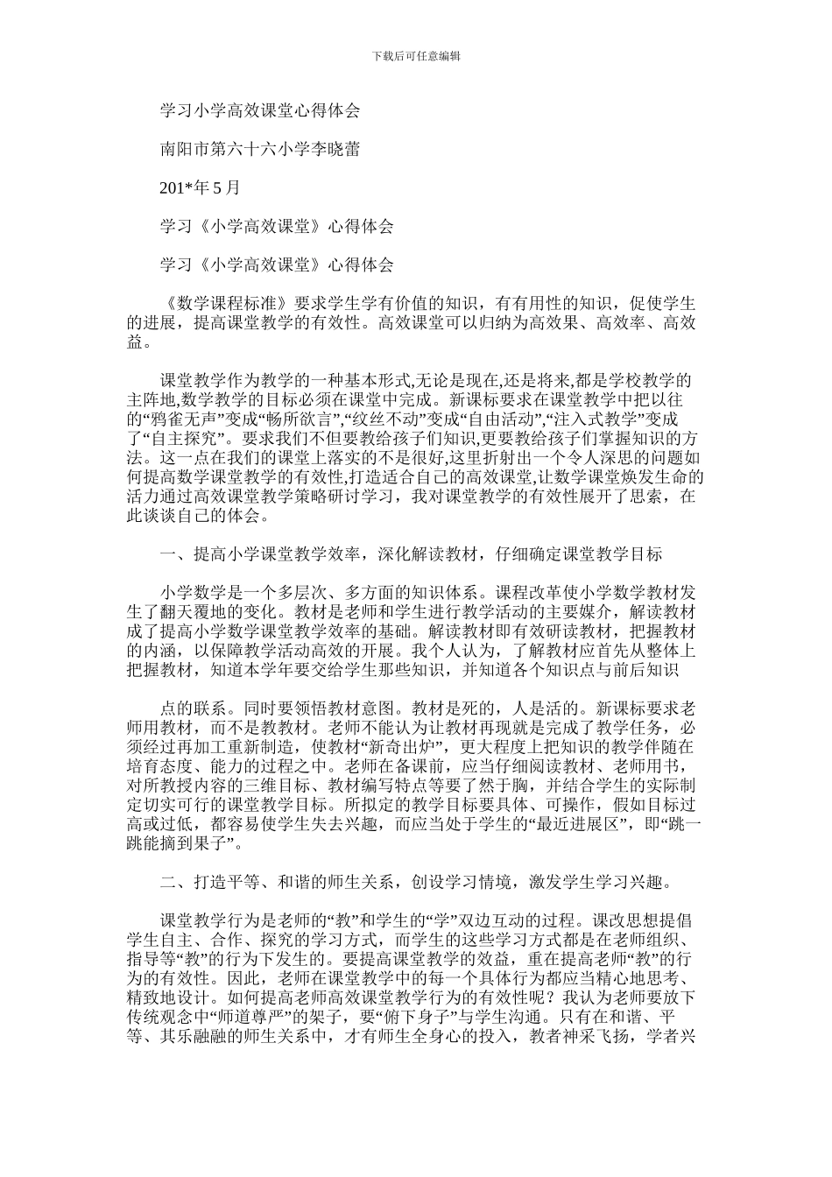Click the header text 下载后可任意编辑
pos(416,56)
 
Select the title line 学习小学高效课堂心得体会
pos(259,111)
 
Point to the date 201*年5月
pos(199,187)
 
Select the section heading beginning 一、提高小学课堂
pos(411,553)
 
